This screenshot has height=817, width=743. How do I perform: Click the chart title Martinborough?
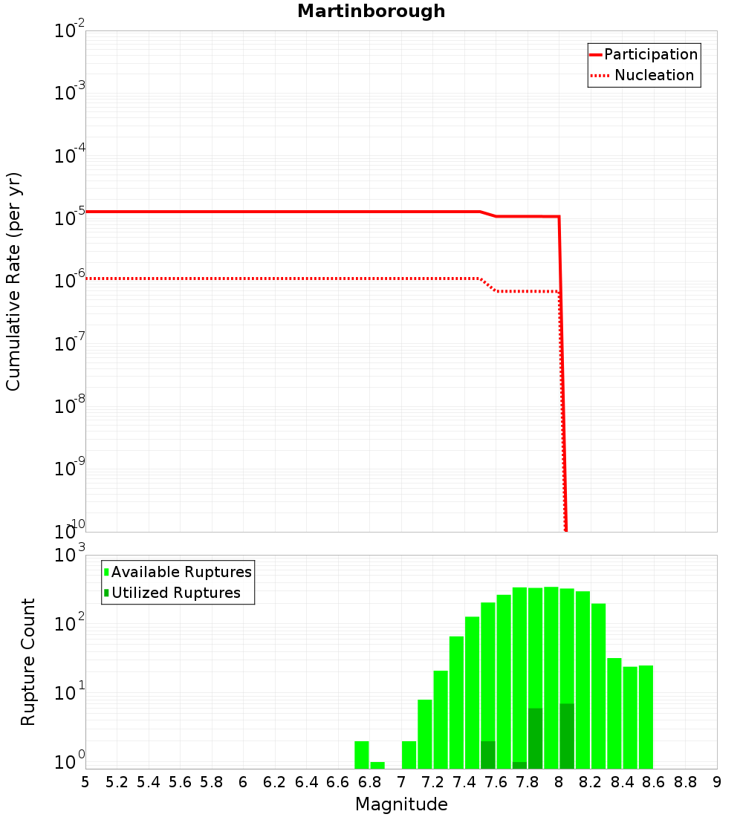pos(371,11)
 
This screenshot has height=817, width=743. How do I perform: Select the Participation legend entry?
pos(650,54)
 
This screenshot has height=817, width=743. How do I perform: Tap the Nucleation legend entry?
pos(654,75)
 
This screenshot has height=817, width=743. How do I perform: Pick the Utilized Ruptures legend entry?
pos(175,593)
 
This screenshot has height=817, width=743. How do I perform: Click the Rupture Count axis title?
pos(28,661)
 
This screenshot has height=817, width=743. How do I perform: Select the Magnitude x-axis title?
pos(401,804)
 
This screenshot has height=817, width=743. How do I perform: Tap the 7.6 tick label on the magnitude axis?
pos(496,782)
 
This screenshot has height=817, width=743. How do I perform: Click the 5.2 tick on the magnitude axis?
pos(117,782)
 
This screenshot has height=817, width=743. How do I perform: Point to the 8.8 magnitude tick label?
pos(685,782)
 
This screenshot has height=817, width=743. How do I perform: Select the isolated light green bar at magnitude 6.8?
pos(377,765)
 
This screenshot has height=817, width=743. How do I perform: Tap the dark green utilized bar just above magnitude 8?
pos(567,735)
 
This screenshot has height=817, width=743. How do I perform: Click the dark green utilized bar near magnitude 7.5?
pos(488,755)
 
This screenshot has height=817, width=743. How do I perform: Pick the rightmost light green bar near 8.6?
pos(646,717)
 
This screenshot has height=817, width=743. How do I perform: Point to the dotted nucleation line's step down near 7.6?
pos(488,284)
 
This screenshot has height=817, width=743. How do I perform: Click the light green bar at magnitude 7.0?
pos(409,755)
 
